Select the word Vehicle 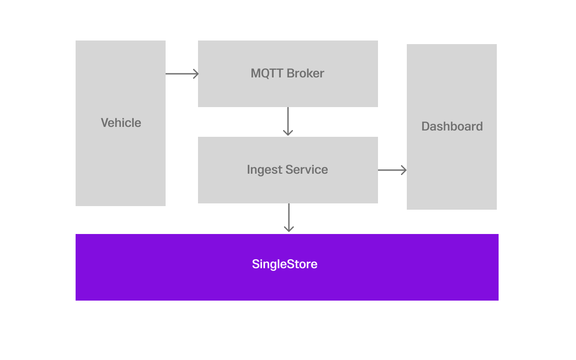[x=121, y=123]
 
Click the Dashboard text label [x=452, y=126]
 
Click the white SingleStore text [x=284, y=264]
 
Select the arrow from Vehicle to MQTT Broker [x=180, y=74]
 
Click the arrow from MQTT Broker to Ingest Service [x=288, y=119]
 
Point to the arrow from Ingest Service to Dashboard [x=391, y=170]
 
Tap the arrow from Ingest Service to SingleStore [x=289, y=216]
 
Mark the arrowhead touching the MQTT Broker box [x=196, y=74]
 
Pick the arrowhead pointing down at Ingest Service [x=288, y=132]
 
